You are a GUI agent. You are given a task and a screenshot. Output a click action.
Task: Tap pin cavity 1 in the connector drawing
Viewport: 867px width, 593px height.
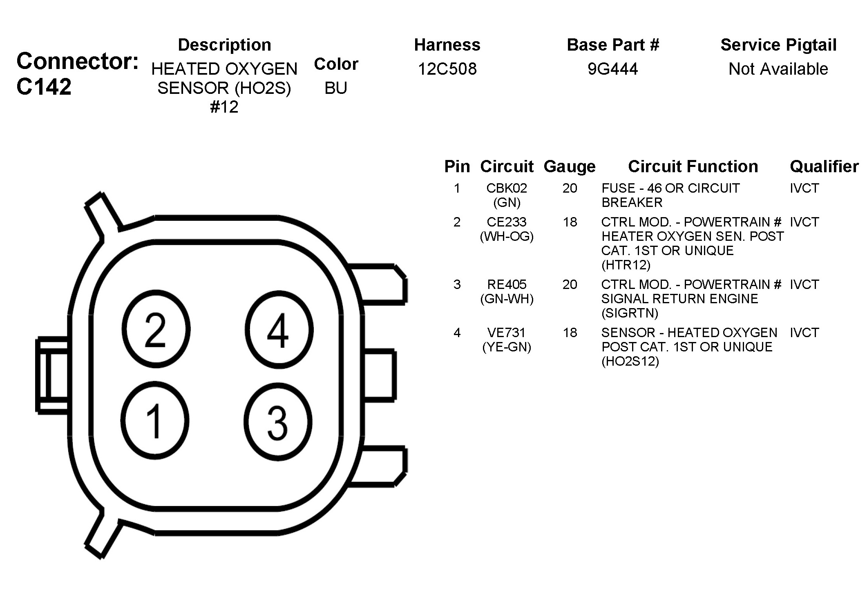tap(155, 421)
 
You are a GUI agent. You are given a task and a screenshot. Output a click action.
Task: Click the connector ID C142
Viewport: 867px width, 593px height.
tap(44, 87)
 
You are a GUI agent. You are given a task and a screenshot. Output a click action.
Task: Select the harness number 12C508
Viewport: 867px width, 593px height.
tap(447, 69)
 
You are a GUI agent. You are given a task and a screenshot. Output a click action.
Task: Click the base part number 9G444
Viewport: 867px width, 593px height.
tap(612, 69)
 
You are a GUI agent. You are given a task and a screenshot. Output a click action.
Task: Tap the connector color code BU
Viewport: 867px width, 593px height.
tap(336, 88)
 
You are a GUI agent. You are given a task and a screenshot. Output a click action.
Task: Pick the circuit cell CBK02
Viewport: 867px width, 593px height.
tap(507, 188)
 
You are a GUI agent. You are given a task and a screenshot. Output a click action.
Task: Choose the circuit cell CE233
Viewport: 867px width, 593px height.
tap(507, 222)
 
